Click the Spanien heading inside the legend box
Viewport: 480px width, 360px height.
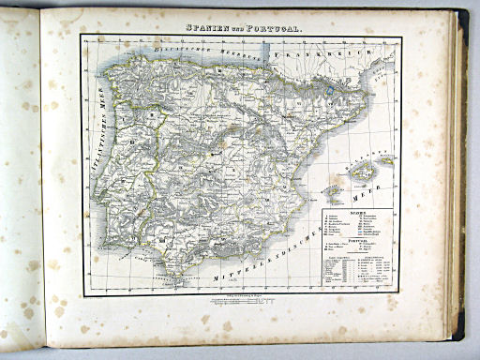(360, 213)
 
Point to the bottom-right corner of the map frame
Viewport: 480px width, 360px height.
(400, 294)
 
